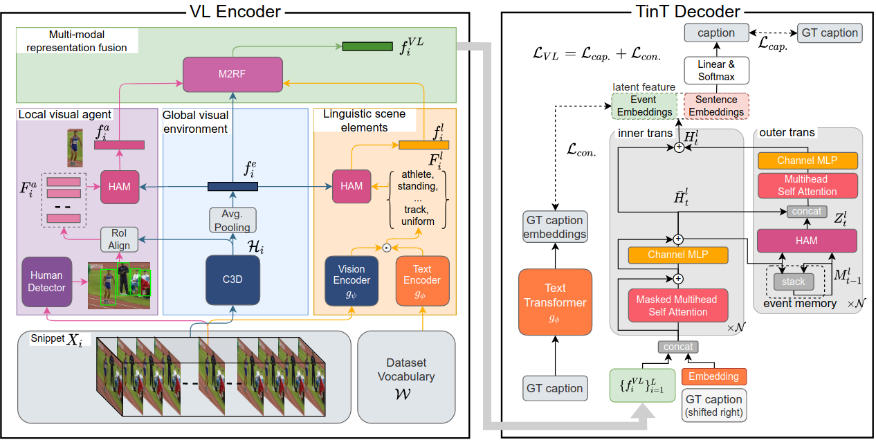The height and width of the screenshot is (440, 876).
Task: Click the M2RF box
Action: (233, 75)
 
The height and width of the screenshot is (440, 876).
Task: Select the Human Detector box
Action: (46, 281)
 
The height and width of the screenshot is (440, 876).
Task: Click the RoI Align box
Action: (120, 239)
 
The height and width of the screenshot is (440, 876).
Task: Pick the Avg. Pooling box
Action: (232, 219)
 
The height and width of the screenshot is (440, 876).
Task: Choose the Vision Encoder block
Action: (352, 280)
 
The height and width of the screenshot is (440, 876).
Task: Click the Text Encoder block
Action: (422, 280)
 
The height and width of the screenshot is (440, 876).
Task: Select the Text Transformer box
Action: (555, 302)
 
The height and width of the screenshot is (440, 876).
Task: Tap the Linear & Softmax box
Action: (715, 69)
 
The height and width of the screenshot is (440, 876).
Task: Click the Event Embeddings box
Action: (645, 106)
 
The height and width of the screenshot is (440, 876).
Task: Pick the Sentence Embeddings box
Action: (717, 106)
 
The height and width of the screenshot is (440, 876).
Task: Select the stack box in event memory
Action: (793, 282)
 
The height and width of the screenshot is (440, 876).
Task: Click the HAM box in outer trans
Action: (807, 241)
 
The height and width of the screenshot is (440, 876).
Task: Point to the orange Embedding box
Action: (715, 377)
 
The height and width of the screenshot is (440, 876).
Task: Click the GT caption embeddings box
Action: (555, 227)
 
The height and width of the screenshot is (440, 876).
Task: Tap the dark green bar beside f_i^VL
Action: (367, 46)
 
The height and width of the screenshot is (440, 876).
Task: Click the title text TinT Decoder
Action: (687, 11)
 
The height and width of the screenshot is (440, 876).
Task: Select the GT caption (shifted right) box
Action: (715, 405)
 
